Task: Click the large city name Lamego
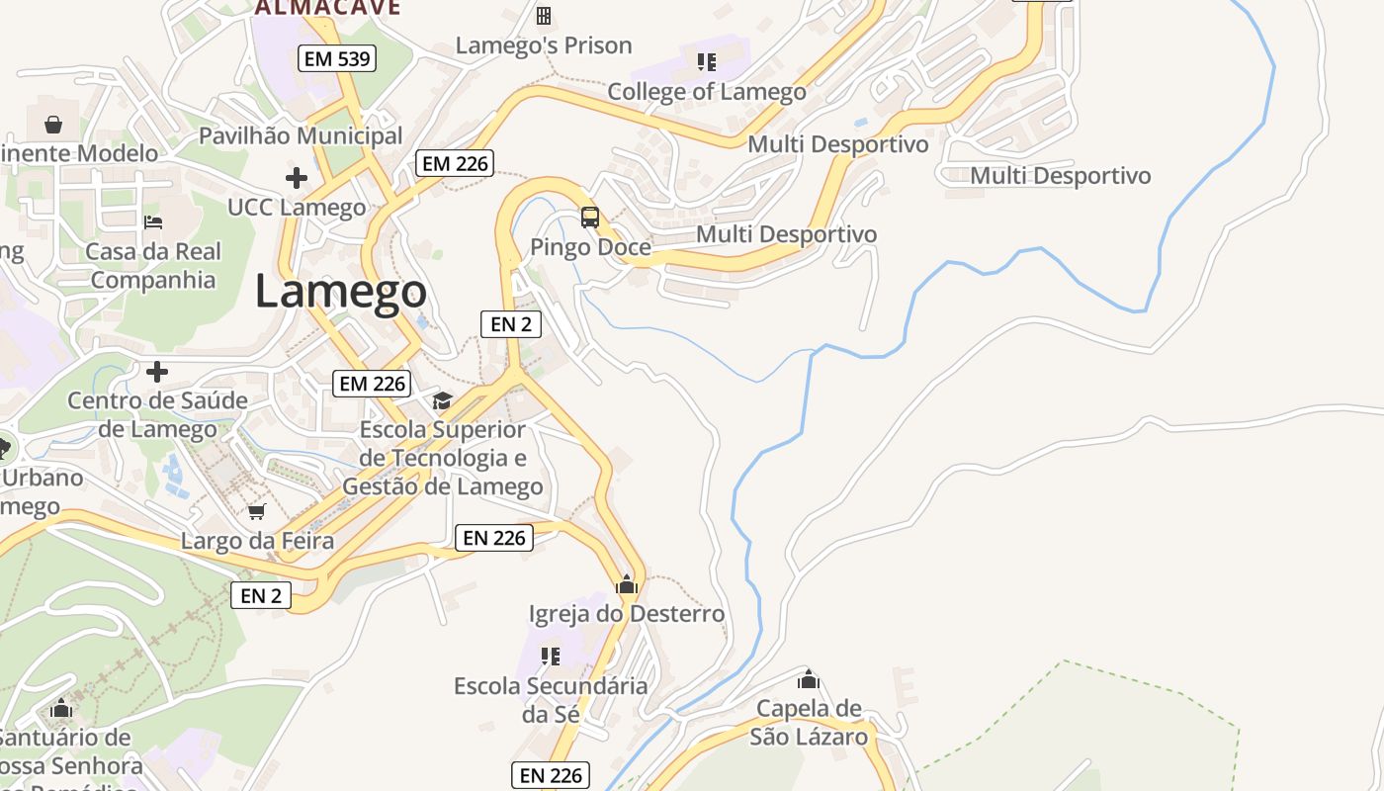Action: (x=341, y=291)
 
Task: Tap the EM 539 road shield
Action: (x=337, y=58)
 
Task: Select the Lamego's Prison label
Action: (x=544, y=45)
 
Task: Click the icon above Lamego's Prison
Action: (x=543, y=15)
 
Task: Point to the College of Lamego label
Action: (x=707, y=92)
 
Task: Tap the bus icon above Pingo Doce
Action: (x=590, y=218)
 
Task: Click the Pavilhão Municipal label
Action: (x=301, y=135)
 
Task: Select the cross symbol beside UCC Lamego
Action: (x=296, y=179)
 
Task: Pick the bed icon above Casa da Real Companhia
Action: (x=153, y=221)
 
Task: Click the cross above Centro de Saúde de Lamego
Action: (x=156, y=373)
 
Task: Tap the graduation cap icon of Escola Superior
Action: (x=442, y=400)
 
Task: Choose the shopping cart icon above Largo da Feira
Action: (x=257, y=511)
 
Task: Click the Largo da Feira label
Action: (x=257, y=541)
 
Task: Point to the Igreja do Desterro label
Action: (x=627, y=614)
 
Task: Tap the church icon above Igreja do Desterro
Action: (x=626, y=584)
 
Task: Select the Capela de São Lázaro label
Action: (x=809, y=723)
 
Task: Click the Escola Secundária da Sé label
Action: (x=551, y=699)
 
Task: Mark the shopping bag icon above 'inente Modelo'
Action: (x=53, y=125)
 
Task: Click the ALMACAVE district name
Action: (x=327, y=8)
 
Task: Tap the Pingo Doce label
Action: (x=590, y=247)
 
